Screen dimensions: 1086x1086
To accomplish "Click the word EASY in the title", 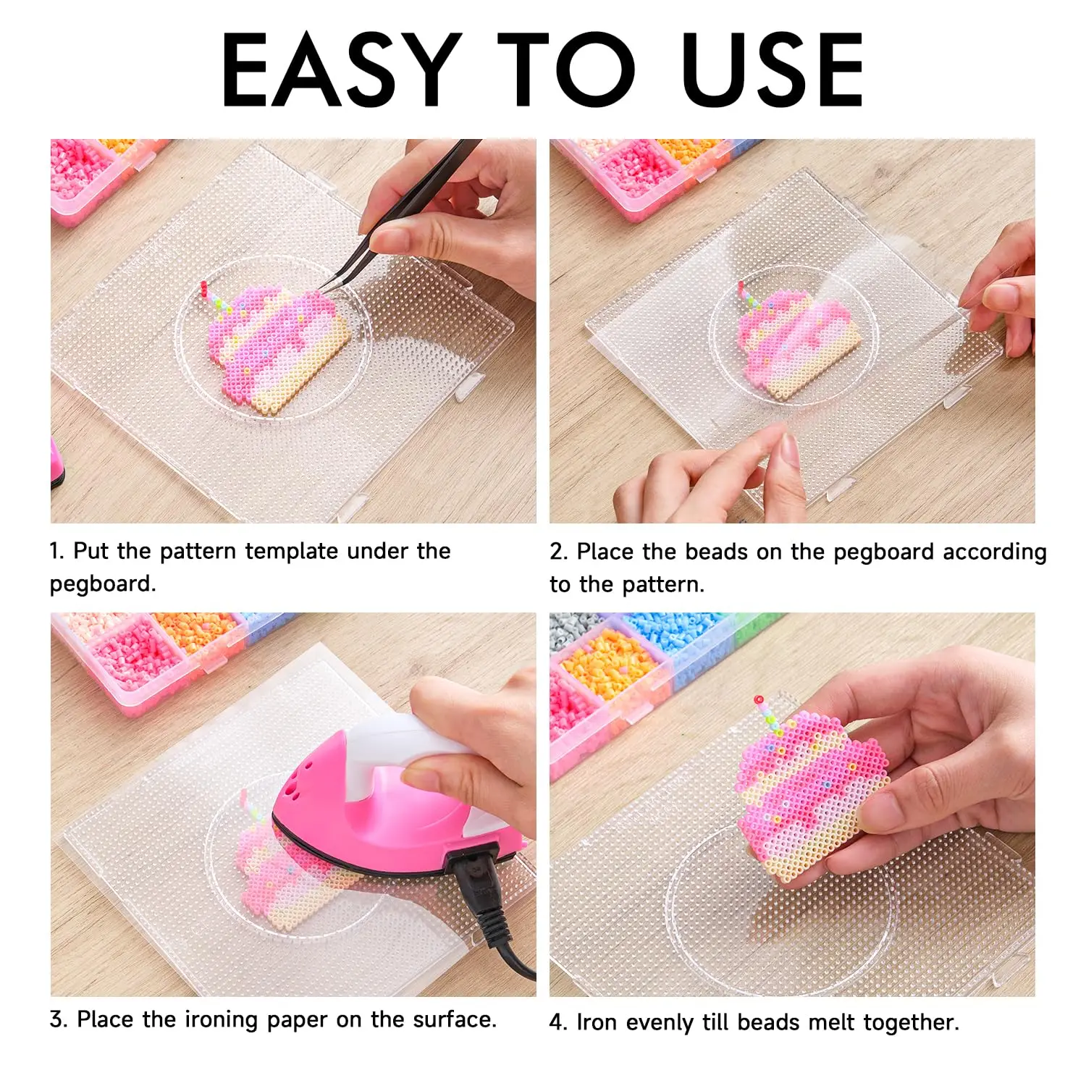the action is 341,70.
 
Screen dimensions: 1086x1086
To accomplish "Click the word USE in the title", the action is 773,70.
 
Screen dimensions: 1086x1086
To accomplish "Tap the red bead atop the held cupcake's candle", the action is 758,700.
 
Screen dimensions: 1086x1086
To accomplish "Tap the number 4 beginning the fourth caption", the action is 556,1022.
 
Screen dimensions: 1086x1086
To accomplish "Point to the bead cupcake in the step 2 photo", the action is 796,340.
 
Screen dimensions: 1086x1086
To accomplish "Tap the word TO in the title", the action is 566,70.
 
